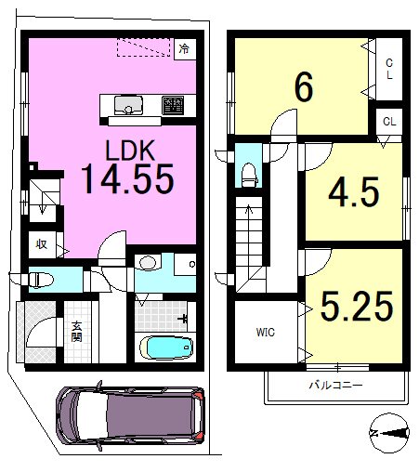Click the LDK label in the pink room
coord(130,151)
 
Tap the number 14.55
coord(127,179)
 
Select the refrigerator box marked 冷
coord(185,48)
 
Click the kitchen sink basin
coord(128,105)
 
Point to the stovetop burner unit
coord(173,105)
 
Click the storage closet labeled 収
coord(43,244)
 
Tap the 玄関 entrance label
coord(76,332)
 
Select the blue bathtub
coord(166,347)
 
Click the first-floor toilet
coord(40,280)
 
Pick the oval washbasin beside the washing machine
coord(148,263)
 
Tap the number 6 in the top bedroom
coord(304,87)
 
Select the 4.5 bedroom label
coord(354,192)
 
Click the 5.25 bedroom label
coord(357,306)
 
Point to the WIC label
coord(266,333)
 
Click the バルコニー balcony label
coord(336,385)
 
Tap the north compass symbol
coord(389,433)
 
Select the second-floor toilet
coord(249,175)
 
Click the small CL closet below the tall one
coord(389,122)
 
